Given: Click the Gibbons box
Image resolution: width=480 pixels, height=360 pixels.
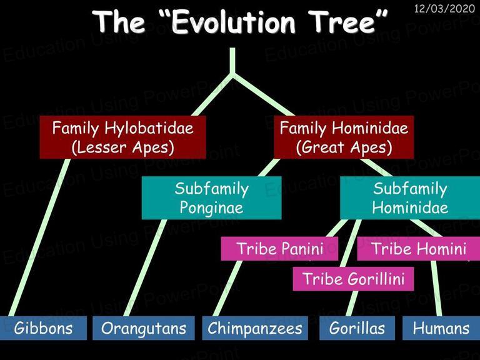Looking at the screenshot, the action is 43,328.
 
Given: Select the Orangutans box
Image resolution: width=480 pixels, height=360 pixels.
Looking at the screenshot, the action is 144,328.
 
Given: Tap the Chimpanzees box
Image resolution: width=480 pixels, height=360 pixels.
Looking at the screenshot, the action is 255,328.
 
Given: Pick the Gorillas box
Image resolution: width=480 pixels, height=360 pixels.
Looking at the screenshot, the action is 357,328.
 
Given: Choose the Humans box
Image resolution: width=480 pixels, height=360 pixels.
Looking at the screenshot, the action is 441,328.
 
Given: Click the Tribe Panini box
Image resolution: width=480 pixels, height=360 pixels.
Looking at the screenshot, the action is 279,249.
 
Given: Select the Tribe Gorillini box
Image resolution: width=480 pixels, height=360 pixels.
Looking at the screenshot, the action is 353,279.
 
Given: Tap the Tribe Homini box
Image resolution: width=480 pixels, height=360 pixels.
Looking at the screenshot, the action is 419,249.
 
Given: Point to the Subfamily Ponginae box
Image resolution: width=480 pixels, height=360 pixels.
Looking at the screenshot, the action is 211,197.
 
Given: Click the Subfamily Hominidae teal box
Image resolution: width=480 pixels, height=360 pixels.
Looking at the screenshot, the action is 410,197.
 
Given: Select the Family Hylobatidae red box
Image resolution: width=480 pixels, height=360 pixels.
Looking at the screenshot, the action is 122,137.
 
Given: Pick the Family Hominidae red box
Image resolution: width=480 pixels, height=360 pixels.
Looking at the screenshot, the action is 344,137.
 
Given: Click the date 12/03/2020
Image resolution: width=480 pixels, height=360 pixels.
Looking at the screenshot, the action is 444,8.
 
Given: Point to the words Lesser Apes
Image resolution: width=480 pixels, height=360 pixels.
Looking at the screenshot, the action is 122,147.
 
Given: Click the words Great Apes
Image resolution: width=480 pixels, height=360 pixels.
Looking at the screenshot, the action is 344,147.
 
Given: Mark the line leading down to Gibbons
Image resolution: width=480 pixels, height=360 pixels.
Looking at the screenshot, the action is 39,237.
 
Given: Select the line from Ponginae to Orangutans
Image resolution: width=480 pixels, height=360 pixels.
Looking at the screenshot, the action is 145,267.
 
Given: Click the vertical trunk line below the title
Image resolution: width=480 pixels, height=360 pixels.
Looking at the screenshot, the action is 232,61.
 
